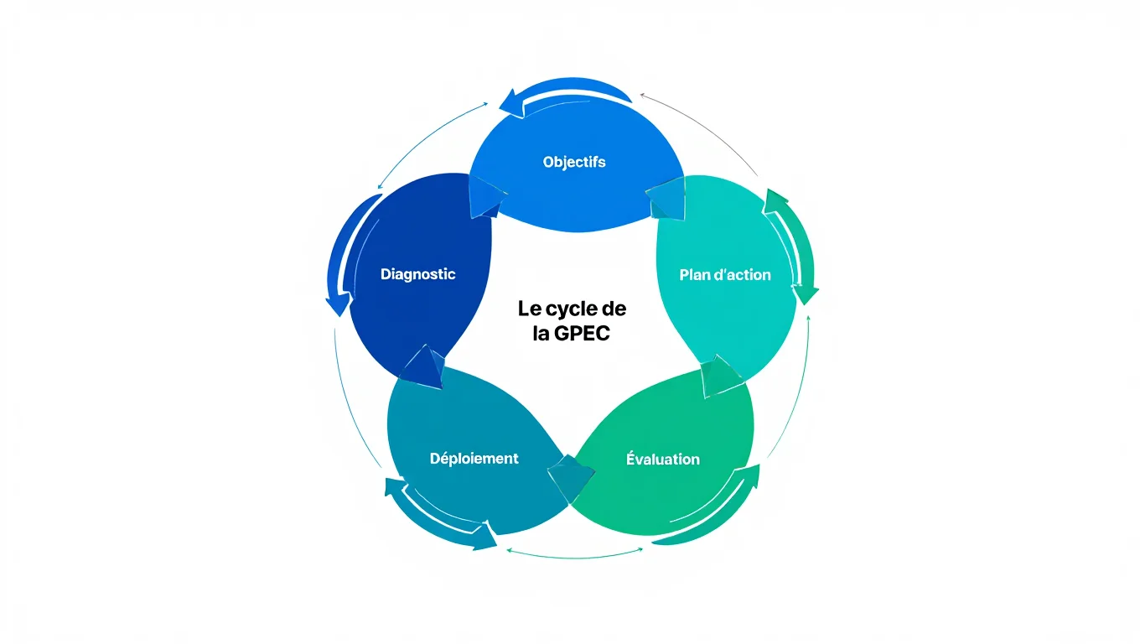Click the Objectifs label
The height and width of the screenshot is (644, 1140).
pos(573,162)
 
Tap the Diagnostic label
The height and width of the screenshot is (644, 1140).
pos(417,274)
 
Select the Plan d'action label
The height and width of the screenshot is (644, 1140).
pos(724,275)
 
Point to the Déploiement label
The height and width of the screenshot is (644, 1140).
pos(474,459)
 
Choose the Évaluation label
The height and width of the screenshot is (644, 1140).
pos(662,460)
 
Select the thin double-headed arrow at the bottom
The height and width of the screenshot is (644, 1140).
pos(574,552)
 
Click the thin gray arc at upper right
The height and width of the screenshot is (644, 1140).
pos(704,126)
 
